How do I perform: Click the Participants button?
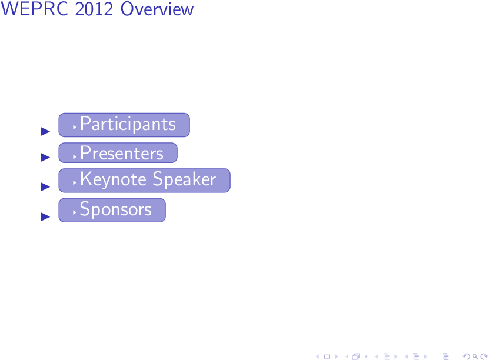pyautogui.click(x=124, y=125)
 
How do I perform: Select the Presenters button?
pyautogui.click(x=118, y=153)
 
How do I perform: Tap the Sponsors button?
pyautogui.click(x=112, y=210)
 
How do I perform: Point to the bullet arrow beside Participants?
pyautogui.click(x=45, y=132)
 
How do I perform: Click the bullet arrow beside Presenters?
pyautogui.click(x=45, y=157)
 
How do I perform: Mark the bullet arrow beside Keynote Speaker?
pyautogui.click(x=45, y=186)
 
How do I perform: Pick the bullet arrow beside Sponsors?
pyautogui.click(x=45, y=216)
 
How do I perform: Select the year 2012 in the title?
pyautogui.click(x=94, y=9)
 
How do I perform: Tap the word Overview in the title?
pyautogui.click(x=157, y=9)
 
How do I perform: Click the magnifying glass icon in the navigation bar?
pyautogui.click(x=475, y=356)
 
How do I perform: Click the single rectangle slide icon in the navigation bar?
pyautogui.click(x=327, y=356)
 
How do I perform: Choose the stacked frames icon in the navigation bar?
pyautogui.click(x=356, y=356)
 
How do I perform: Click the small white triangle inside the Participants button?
pyautogui.click(x=75, y=127)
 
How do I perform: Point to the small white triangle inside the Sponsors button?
pyautogui.click(x=75, y=212)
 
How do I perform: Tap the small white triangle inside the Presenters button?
pyautogui.click(x=75, y=157)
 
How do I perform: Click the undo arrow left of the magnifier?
pyautogui.click(x=466, y=356)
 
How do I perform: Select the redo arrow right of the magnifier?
pyautogui.click(x=485, y=356)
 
